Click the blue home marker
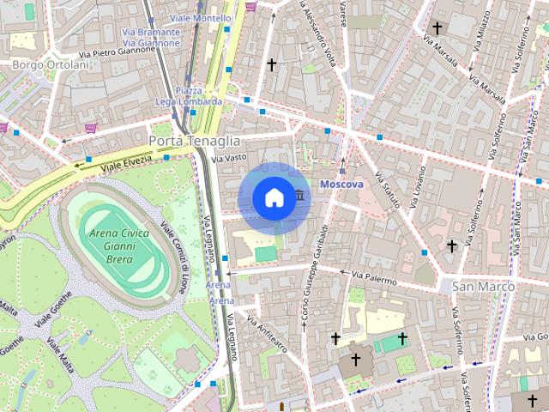click(273, 198)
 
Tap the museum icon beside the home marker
click(299, 197)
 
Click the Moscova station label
click(341, 185)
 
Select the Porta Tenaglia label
click(194, 140)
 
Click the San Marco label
click(483, 286)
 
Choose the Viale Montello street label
click(201, 18)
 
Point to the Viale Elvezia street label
click(126, 159)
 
